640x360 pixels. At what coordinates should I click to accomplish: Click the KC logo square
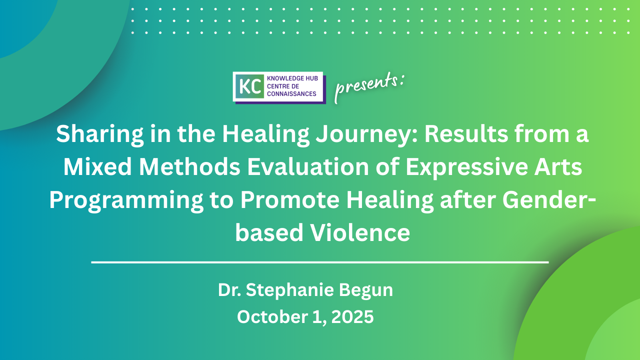point(250,86)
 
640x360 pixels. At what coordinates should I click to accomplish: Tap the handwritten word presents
point(369,86)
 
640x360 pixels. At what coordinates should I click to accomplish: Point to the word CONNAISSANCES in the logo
point(291,93)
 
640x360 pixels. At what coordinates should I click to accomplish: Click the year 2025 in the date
point(352,317)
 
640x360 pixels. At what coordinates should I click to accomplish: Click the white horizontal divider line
point(320,261)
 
